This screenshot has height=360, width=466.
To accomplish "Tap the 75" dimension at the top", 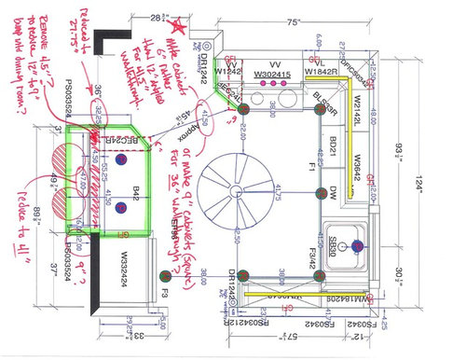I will click(x=295, y=21).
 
